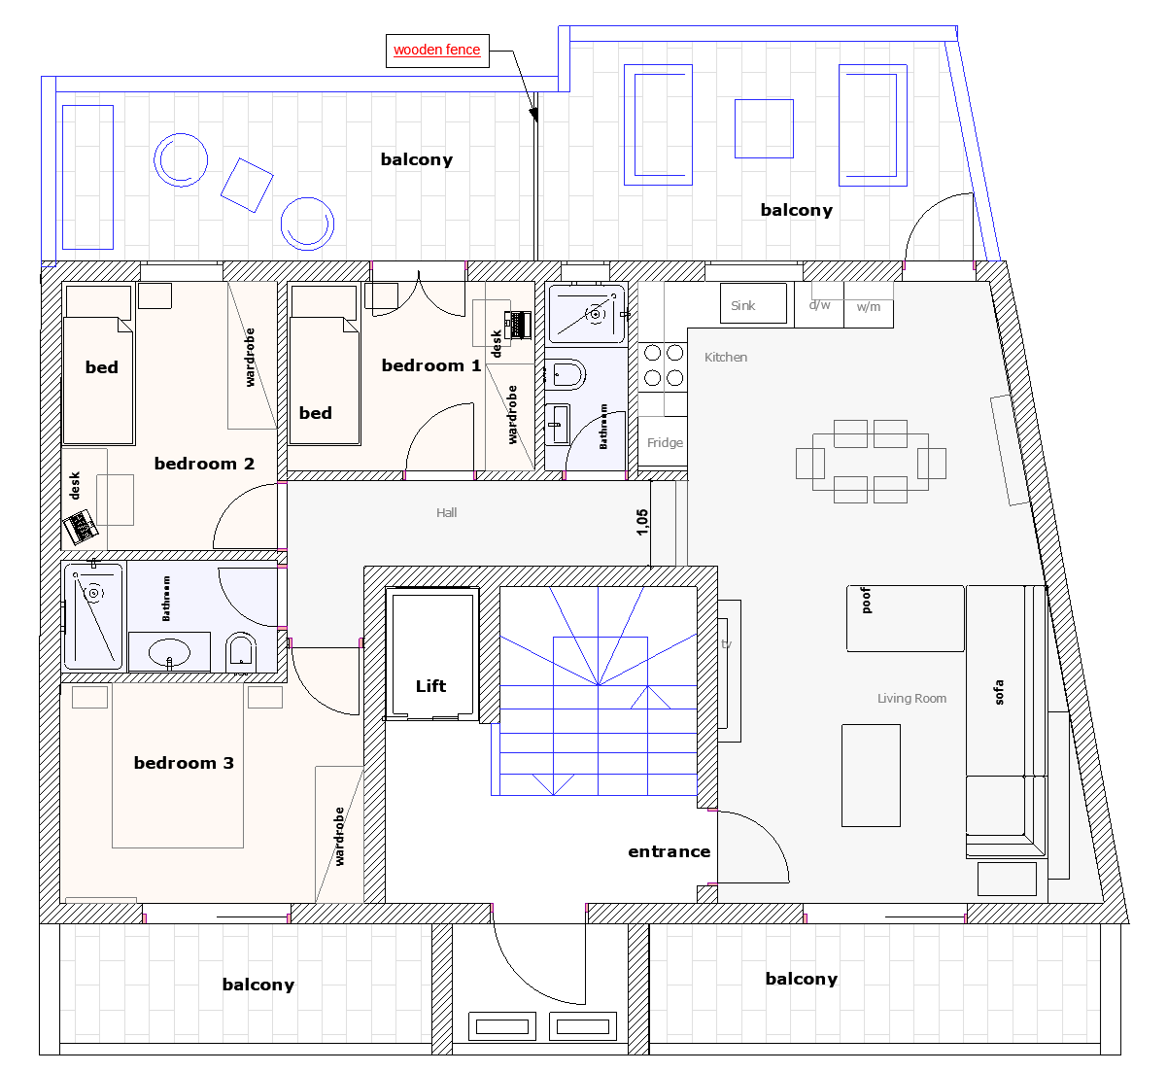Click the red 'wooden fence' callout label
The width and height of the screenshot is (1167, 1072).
click(437, 50)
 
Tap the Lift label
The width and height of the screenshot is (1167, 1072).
click(430, 686)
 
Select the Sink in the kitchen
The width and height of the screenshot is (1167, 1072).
click(753, 303)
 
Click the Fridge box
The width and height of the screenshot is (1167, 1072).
click(663, 441)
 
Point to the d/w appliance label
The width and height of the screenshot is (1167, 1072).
click(819, 304)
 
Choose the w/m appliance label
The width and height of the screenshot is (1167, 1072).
click(868, 307)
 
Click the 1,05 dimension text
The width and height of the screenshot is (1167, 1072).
click(641, 522)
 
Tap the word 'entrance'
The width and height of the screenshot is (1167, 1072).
click(669, 851)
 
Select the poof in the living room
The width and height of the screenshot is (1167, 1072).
click(906, 618)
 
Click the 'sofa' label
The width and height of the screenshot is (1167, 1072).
click(998, 692)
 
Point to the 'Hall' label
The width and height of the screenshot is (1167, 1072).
click(446, 513)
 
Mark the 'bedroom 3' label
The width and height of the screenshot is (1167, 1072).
click(184, 762)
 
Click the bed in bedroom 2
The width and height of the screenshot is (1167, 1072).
click(98, 364)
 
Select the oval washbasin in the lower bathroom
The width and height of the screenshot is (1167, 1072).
click(169, 652)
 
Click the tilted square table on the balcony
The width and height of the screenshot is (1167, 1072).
click(247, 185)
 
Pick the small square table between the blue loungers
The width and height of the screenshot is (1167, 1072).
click(764, 128)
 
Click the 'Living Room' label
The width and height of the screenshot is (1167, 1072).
click(911, 699)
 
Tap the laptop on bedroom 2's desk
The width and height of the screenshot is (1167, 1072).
click(81, 527)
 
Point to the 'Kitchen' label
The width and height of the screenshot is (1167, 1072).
click(726, 358)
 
